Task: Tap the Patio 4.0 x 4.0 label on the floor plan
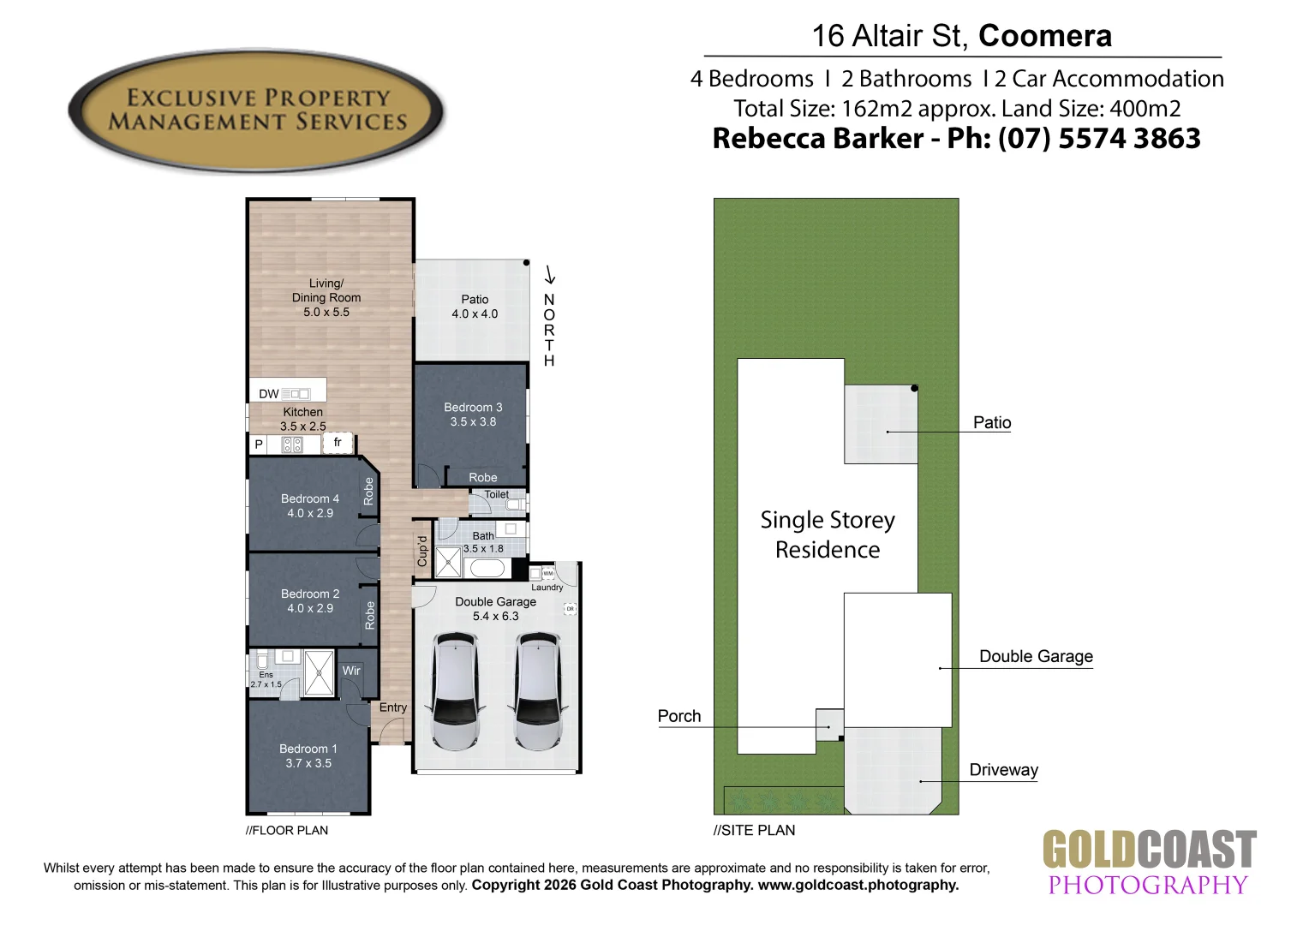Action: click(x=475, y=307)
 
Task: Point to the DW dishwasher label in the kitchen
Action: click(x=269, y=394)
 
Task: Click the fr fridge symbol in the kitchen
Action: click(x=338, y=443)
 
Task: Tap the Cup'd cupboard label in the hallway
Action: click(x=422, y=551)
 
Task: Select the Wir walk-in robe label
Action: click(x=351, y=671)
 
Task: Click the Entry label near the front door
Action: click(x=392, y=707)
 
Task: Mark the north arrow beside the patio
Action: click(x=549, y=275)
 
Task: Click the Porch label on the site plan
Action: click(x=679, y=716)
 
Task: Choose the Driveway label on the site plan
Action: click(x=1003, y=770)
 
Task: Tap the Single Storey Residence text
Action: click(x=828, y=534)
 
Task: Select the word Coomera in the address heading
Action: click(x=1045, y=36)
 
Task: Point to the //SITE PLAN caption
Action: click(x=754, y=830)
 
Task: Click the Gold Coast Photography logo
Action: click(x=1150, y=862)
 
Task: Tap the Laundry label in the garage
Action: click(x=547, y=588)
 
